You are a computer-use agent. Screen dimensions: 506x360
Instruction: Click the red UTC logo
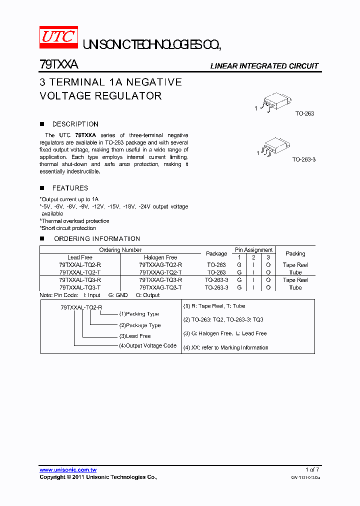58,37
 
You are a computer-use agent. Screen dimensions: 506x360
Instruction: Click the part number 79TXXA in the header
58,65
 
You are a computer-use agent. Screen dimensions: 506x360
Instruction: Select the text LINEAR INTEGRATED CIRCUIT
264,66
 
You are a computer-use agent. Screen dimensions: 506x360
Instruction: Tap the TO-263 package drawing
274,104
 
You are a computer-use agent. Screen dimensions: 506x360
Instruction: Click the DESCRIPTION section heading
75,124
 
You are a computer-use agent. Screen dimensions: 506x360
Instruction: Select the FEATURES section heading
70,188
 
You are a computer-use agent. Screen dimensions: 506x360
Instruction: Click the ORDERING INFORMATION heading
97,238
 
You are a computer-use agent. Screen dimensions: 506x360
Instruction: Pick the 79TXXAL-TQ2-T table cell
80,272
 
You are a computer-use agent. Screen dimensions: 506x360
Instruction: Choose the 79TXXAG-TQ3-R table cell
160,280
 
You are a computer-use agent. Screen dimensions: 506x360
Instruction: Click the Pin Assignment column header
253,250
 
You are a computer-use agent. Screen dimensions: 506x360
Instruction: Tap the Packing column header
295,253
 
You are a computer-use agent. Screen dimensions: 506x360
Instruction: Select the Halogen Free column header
160,257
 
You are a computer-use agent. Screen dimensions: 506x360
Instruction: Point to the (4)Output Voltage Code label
147,345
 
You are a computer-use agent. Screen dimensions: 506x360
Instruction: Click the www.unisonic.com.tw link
68,470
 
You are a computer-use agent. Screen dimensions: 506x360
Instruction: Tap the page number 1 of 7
311,470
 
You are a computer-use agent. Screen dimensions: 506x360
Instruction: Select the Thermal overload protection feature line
75,221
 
